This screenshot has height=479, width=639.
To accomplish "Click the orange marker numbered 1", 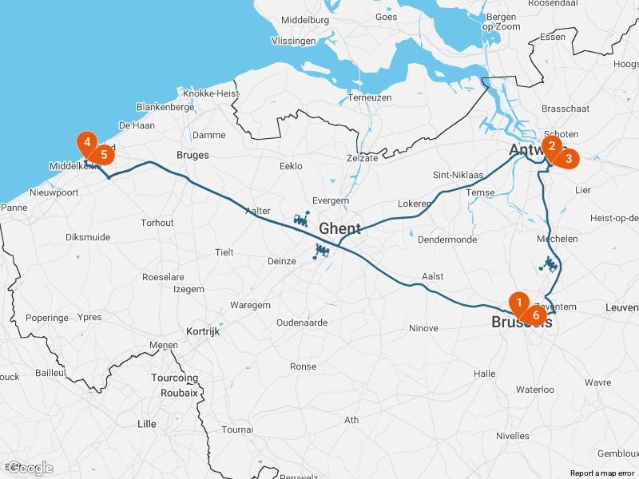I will pyautogui.click(x=519, y=303).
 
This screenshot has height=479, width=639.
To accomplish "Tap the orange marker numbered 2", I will pyautogui.click(x=551, y=146).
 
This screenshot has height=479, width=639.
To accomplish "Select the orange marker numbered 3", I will pyautogui.click(x=568, y=158).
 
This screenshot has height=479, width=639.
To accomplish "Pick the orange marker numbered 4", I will pyautogui.click(x=86, y=143).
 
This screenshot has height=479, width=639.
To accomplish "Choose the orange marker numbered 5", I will pyautogui.click(x=103, y=154).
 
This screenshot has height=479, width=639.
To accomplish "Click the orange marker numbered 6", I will pyautogui.click(x=536, y=315).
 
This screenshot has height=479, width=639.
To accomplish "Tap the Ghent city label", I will pyautogui.click(x=339, y=229).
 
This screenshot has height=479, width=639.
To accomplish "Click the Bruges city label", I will pyautogui.click(x=192, y=155).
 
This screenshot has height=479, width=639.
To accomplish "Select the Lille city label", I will pyautogui.click(x=147, y=424).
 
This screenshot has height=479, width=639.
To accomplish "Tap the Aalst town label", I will pyautogui.click(x=432, y=276).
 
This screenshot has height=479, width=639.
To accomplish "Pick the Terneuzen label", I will pyautogui.click(x=371, y=97).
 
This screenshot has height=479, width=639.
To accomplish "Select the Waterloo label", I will pyautogui.click(x=535, y=390).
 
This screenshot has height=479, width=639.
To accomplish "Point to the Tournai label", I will pyautogui.click(x=237, y=430).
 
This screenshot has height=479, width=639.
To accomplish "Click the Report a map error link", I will pyautogui.click(x=601, y=473).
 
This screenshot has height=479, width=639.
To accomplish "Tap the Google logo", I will pyautogui.click(x=31, y=468).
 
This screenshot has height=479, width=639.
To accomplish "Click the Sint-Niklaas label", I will pyautogui.click(x=458, y=175).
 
